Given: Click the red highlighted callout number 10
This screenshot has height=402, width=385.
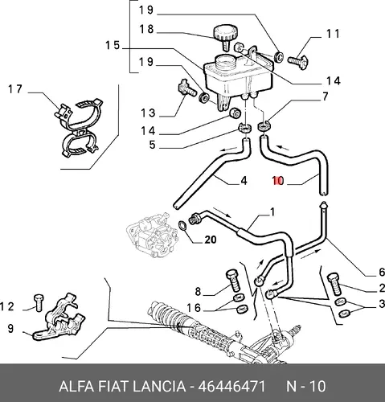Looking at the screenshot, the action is tap(278, 181).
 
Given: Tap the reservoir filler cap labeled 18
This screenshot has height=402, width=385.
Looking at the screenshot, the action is tap(225, 36).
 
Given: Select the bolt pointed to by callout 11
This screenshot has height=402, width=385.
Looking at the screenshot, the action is tap(297, 61).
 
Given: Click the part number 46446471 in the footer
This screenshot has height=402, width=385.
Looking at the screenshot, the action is tap(231, 387).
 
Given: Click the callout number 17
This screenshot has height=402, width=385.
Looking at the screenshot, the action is tap(15, 89).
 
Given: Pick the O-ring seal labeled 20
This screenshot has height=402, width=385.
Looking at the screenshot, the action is tap(182, 226).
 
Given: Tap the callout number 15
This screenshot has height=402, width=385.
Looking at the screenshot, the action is tap(113, 45).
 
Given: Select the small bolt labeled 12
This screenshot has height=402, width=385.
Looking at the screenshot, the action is tap(39, 302).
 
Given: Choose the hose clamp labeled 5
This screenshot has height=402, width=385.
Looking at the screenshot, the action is tap(244, 128).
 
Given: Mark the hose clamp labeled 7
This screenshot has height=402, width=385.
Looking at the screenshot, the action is tap(264, 126).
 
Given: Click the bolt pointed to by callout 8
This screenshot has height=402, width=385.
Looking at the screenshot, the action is tap(232, 280).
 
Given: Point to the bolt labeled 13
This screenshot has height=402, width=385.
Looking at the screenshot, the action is tap(187, 88).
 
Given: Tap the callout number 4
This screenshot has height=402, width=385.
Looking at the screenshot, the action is tap(244, 181).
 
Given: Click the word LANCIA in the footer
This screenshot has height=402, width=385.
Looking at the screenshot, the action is tap(159, 387).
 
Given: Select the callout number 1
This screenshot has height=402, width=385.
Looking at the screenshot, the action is tap(272, 212).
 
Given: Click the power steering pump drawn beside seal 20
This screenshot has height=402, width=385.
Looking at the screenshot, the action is tap(152, 235).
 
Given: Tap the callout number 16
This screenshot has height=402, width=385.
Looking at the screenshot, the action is tap(194, 308).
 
